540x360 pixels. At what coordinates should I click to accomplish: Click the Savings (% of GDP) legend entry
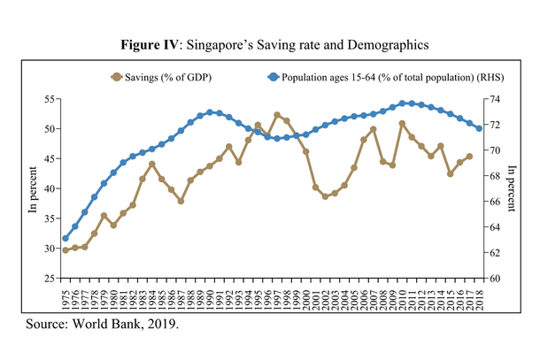(166, 78)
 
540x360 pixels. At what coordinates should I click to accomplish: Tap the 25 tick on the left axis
(50, 279)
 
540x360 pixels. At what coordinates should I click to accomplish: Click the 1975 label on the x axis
(66, 297)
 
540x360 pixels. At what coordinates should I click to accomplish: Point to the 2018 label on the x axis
(480, 297)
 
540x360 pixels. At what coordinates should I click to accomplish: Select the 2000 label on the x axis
(306, 297)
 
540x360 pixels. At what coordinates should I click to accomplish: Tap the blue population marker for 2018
(480, 128)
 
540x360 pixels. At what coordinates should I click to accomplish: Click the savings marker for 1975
(66, 250)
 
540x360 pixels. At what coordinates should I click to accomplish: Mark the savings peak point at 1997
(277, 115)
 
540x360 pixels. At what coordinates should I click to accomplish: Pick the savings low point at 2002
(325, 196)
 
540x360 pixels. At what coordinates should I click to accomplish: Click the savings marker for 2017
(469, 157)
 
